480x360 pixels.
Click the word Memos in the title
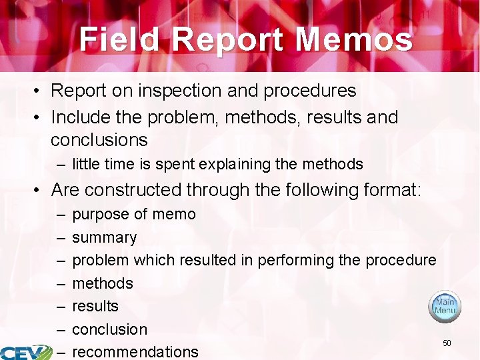pos(354,39)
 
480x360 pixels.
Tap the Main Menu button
pos(445,306)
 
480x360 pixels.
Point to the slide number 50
pos(447,343)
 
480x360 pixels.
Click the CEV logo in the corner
pos(25,352)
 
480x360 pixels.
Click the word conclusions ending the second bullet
pos(99,140)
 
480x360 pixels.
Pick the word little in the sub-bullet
pos(85,164)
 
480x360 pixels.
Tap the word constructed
pos(133,190)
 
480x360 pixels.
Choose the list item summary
pos(104,237)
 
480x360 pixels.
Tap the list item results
pos(95,306)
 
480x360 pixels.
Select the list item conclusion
pos(109,329)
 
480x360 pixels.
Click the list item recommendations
pos(135,351)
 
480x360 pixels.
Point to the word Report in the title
pos(227,39)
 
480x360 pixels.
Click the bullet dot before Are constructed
pos(41,191)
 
